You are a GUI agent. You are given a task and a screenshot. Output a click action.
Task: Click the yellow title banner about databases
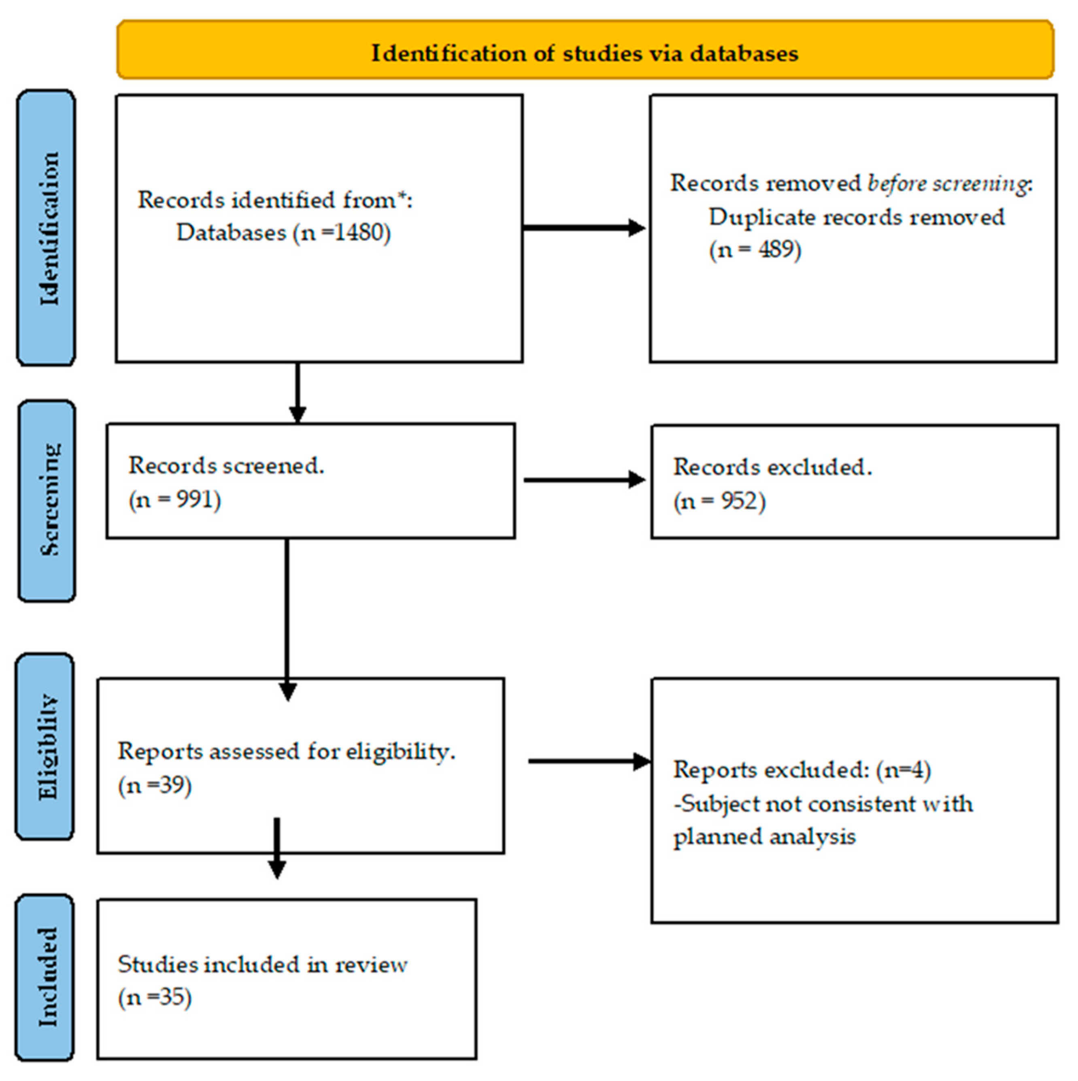pos(585,50)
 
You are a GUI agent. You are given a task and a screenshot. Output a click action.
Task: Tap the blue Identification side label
pos(47,228)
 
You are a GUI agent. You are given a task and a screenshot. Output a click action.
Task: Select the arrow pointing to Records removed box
pos(584,228)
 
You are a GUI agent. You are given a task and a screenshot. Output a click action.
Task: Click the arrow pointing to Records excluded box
pos(584,480)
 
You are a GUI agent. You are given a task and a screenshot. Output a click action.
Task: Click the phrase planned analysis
pos(764,836)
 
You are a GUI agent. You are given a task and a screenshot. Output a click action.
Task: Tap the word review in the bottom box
pos(371,965)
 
